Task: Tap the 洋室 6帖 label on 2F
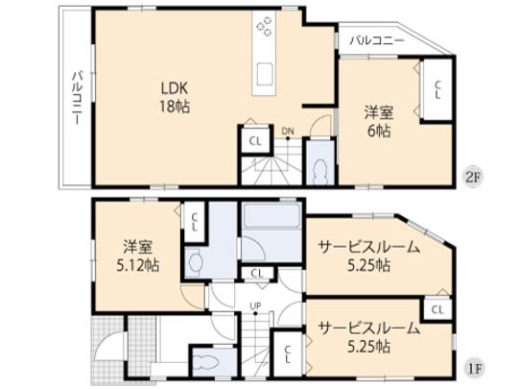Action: click(x=377, y=119)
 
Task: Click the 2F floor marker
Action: click(x=471, y=176)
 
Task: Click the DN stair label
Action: click(x=287, y=132)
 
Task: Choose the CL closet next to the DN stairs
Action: click(x=254, y=140)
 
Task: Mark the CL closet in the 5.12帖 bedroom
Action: click(x=195, y=224)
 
